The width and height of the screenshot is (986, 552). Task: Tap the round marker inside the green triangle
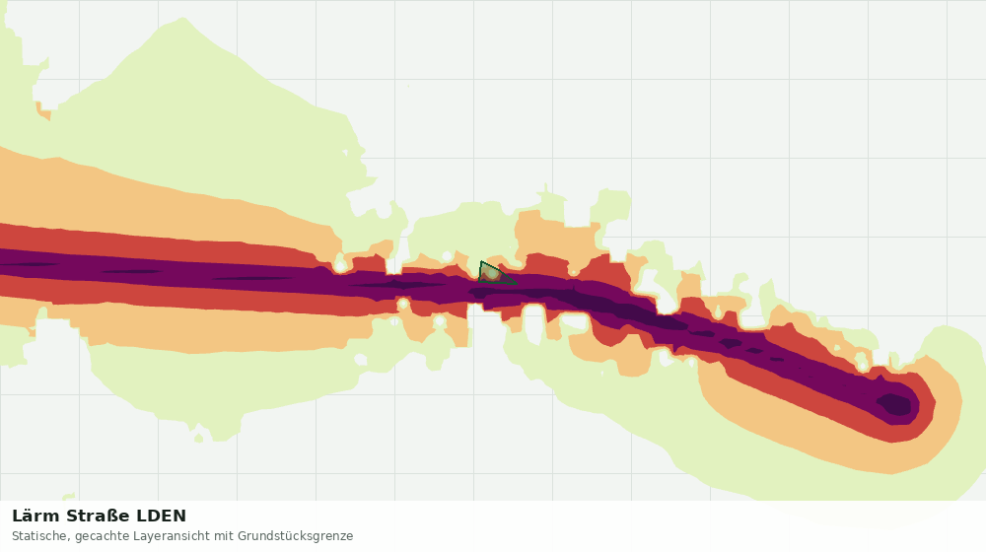click(x=490, y=273)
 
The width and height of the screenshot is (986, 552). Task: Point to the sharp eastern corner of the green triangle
click(x=517, y=284)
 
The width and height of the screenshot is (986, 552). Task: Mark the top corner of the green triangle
click(x=481, y=261)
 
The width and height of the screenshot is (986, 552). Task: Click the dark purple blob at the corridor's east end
click(x=894, y=403)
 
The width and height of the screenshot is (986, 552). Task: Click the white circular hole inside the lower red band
click(x=403, y=305)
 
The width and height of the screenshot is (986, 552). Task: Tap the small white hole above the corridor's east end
click(x=863, y=364)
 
